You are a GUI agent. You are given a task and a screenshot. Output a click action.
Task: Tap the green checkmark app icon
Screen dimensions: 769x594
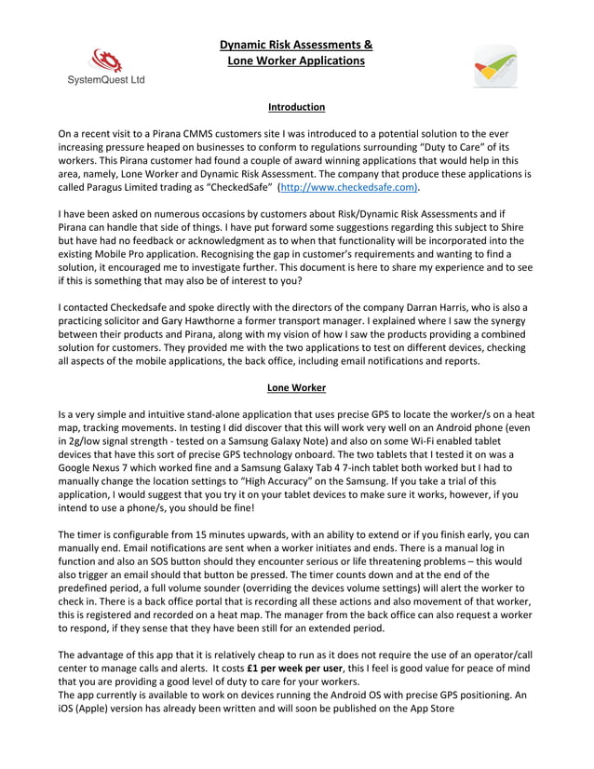(495, 66)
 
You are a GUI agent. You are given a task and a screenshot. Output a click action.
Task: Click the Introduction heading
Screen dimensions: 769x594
(296, 107)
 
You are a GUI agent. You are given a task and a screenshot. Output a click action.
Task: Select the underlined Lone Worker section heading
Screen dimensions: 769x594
(296, 387)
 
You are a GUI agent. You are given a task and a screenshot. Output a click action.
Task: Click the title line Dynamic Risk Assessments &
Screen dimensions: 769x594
(296, 45)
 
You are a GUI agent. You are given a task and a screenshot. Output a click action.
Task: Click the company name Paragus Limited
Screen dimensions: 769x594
(121, 186)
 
